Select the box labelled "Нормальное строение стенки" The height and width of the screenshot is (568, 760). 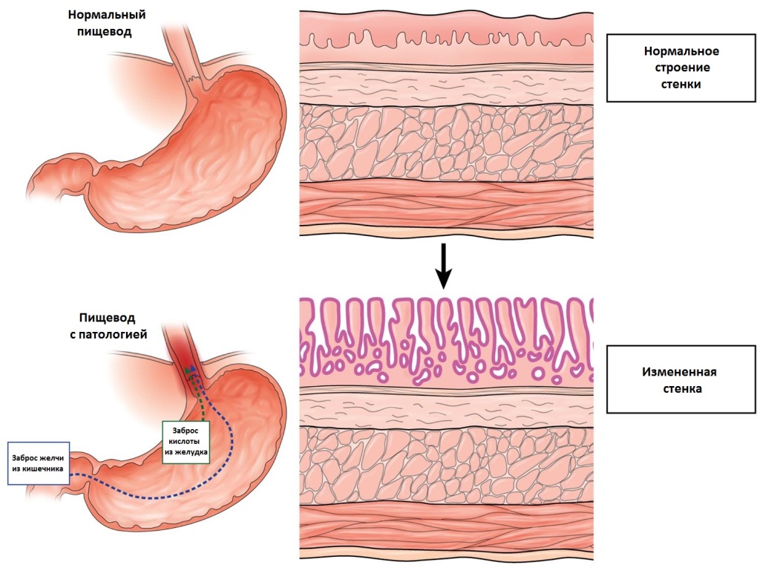click(x=681, y=68)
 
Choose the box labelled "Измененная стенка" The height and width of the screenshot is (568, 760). click(x=681, y=379)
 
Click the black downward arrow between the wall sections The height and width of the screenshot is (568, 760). click(x=443, y=267)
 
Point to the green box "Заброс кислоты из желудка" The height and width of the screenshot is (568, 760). click(x=186, y=443)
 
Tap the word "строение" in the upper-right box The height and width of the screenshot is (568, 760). click(x=681, y=68)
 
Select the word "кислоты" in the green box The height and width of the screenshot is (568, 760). click(x=186, y=443)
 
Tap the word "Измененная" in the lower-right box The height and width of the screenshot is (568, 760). click(x=681, y=370)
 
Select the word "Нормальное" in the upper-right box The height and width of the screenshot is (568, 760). click(x=681, y=51)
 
